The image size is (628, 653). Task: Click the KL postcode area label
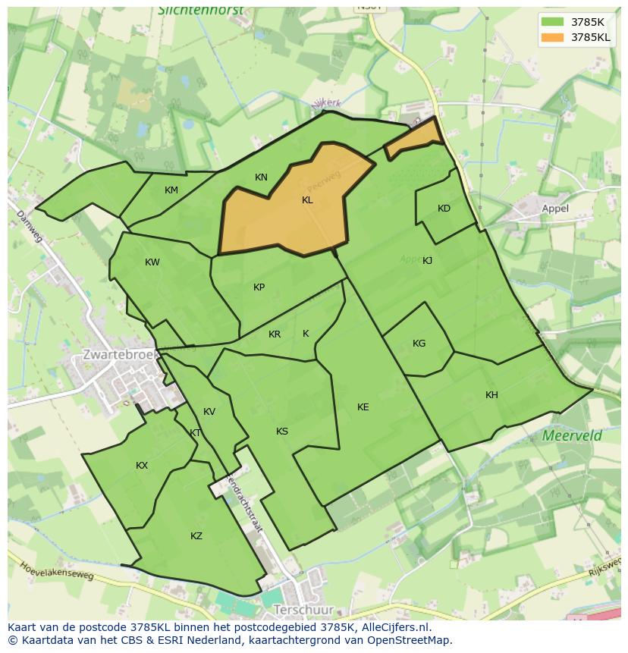(x=307, y=200)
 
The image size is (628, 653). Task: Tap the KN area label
(x=261, y=177)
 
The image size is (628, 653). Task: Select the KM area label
(x=171, y=190)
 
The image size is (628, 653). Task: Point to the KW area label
(x=152, y=262)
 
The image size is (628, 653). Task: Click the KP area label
(x=259, y=287)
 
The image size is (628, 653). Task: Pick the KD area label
(x=444, y=209)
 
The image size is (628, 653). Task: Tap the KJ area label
(x=427, y=260)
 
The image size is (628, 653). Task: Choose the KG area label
(x=419, y=344)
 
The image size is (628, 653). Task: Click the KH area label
(x=491, y=395)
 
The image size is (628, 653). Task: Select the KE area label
(x=363, y=407)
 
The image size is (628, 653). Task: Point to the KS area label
(x=282, y=432)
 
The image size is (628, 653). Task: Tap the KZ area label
(x=196, y=536)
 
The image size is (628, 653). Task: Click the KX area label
(x=142, y=466)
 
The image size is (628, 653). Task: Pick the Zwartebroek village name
(x=120, y=354)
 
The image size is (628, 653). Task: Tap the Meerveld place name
(x=572, y=435)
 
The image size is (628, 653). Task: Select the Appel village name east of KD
(x=555, y=208)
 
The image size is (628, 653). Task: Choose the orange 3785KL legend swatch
(x=553, y=37)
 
